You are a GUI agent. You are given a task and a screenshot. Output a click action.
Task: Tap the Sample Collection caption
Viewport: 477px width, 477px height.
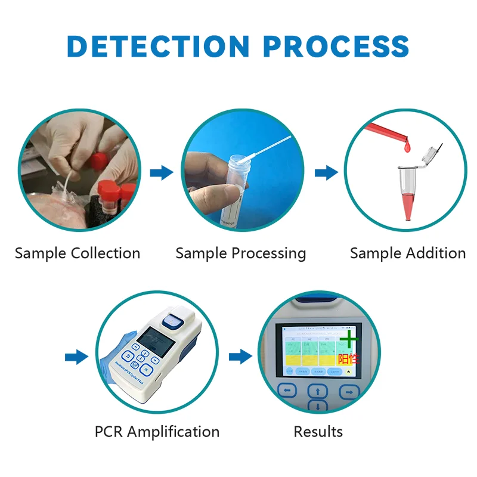[x=78, y=253]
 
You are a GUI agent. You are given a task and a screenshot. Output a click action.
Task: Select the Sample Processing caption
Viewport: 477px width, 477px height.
[x=240, y=253]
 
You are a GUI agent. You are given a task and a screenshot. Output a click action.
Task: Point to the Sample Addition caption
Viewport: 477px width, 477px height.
[x=408, y=253]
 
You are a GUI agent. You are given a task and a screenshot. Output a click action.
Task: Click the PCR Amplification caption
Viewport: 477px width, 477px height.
[x=157, y=431]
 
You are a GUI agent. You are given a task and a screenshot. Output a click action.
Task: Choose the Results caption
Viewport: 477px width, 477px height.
[x=318, y=431]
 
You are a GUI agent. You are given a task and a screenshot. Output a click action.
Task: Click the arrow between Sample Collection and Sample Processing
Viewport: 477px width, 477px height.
[x=161, y=173]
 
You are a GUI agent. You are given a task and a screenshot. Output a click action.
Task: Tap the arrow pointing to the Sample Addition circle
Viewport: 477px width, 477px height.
[x=326, y=173]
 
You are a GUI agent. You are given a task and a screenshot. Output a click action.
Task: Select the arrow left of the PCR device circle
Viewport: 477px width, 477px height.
[x=76, y=357]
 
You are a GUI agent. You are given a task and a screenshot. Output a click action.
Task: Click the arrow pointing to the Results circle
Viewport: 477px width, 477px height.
[x=240, y=357]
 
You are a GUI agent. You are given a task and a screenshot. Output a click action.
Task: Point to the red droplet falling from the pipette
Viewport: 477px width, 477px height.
[x=408, y=145]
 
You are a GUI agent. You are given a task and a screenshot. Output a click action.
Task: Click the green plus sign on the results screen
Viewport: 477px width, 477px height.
[x=350, y=339]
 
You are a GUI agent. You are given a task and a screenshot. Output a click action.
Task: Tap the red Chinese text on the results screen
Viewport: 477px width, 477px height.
[x=348, y=359]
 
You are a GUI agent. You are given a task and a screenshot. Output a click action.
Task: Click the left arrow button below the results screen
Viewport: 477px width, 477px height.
[x=288, y=391]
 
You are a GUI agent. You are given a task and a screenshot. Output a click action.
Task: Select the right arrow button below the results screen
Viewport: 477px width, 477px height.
[x=349, y=391]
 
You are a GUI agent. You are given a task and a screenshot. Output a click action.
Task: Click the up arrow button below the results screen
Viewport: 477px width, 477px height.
[x=318, y=391]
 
